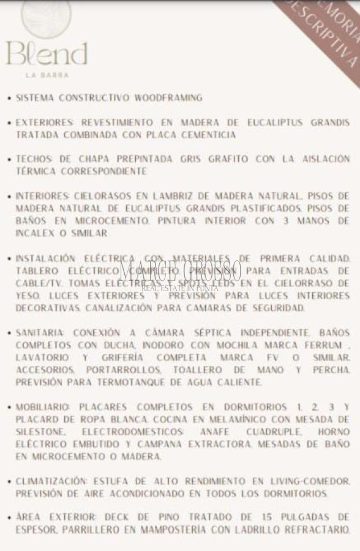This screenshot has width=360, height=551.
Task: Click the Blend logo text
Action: pos(47,54)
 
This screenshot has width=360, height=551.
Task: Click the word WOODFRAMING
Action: pos(168,98)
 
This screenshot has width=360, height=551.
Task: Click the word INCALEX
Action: pos(35,233)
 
